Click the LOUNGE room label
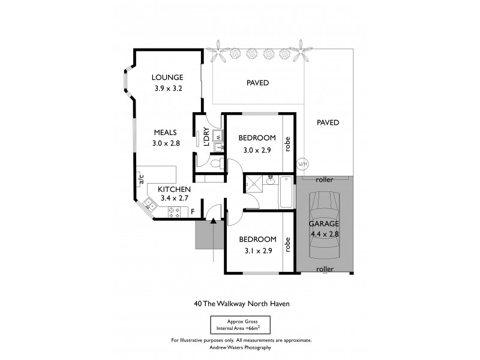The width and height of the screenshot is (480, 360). [167, 77]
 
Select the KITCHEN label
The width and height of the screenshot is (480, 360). [175, 190]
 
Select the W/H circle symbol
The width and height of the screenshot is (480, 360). [302, 164]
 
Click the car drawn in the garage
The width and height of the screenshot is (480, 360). [325, 223]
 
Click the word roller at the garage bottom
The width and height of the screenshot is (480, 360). [325, 269]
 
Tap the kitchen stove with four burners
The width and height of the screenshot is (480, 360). [175, 211]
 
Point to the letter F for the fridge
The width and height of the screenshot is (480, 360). [192, 211]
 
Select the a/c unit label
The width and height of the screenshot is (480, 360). [141, 178]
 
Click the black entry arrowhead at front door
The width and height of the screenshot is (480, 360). [214, 221]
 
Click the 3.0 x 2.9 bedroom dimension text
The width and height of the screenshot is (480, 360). [257, 151]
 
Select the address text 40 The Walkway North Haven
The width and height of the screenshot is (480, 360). [242, 304]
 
